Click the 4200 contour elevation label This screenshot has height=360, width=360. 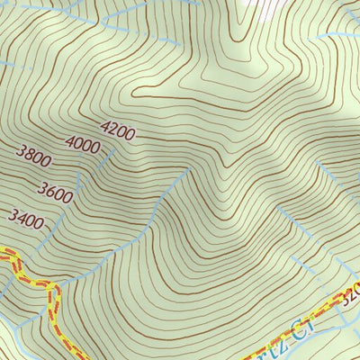pyautogui.click(x=118, y=134)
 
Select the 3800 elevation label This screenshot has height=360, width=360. pyautogui.click(x=33, y=161)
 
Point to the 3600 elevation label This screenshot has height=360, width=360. pyautogui.click(x=55, y=190)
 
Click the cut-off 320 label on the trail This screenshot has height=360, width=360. pyautogui.click(x=352, y=293)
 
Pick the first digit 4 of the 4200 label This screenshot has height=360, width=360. pyautogui.click(x=106, y=130)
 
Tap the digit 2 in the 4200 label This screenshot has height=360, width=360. pyautogui.click(x=114, y=133)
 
